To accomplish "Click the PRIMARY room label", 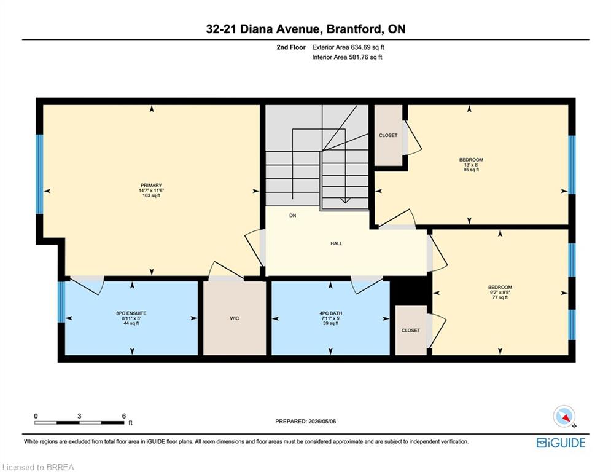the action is (x=151, y=185).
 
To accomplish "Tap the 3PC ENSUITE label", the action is (x=131, y=313).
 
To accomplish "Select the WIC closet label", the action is (x=234, y=318).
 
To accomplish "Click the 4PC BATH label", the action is (x=331, y=313).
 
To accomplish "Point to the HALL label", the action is (x=337, y=243).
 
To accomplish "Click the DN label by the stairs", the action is (x=293, y=215).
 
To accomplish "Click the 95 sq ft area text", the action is (x=471, y=170).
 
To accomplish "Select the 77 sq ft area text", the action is (x=500, y=297).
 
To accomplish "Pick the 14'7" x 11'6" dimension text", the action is (x=151, y=191).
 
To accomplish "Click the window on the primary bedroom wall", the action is (x=39, y=174).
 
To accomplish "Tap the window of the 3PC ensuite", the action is (x=61, y=302).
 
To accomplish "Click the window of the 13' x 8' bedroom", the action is (x=572, y=165).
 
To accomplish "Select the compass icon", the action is (x=564, y=417).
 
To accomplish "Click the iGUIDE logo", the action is (x=561, y=442).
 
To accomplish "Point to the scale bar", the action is (x=79, y=422).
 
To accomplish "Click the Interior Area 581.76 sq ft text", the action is (x=347, y=57).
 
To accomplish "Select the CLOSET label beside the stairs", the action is (x=388, y=135).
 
